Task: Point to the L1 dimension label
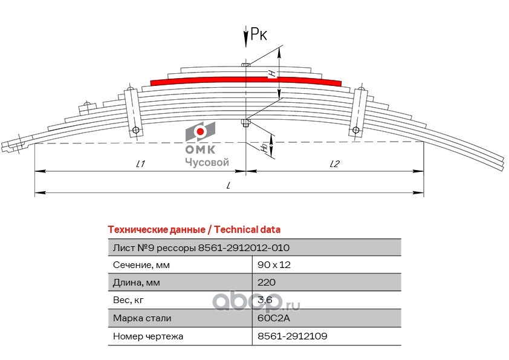tap(141, 163)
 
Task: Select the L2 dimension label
tap(335, 163)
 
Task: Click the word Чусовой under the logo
tap(206, 162)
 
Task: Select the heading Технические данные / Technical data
tap(193, 229)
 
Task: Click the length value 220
tap(267, 283)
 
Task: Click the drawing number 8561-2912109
tap(293, 335)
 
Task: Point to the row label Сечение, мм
tap(141, 265)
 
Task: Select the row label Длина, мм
tap(137, 283)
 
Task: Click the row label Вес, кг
tap(129, 300)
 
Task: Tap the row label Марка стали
tap(142, 318)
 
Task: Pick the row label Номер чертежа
tap(148, 335)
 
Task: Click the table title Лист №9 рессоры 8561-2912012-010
tap(201, 247)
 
